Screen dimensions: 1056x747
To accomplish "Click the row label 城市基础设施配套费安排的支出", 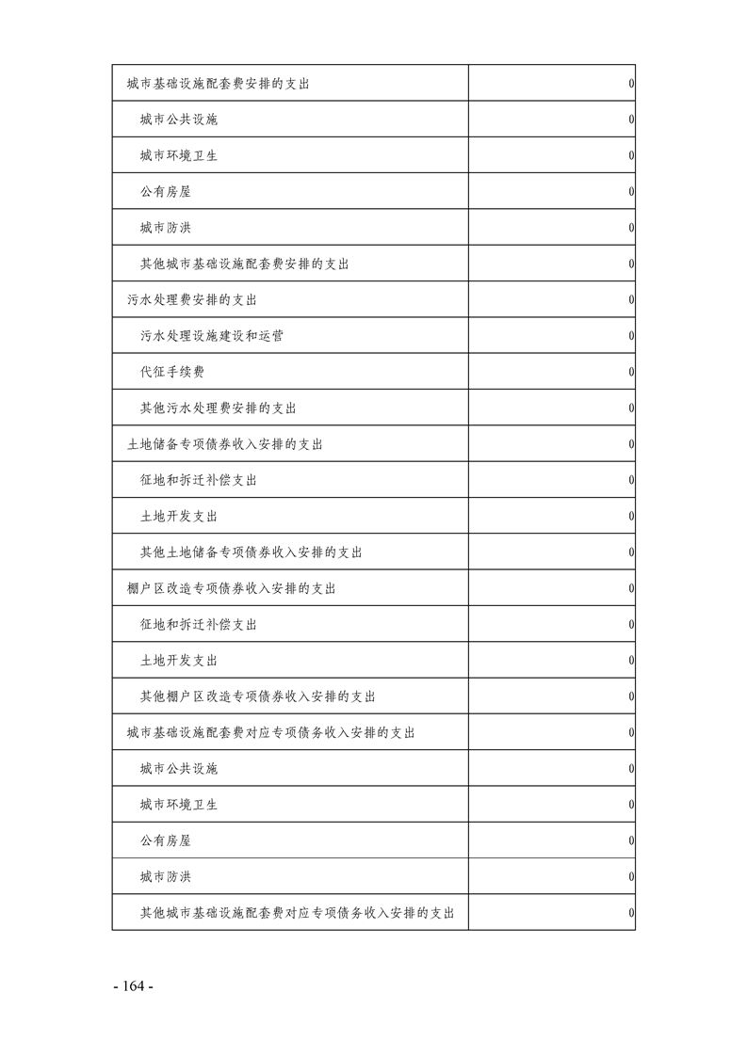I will coord(219,84).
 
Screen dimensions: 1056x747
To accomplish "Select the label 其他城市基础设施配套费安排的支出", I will coord(244,264).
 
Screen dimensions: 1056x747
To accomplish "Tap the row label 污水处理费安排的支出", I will coord(192,300).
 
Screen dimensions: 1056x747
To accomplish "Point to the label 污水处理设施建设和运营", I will coord(211,336).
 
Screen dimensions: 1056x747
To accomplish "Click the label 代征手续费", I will coord(171,372).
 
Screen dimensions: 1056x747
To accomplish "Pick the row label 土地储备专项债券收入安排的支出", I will coord(225,444).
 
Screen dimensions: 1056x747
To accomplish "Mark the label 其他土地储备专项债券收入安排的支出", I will coord(251,552).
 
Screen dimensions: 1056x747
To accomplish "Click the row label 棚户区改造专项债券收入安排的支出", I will coord(232,588).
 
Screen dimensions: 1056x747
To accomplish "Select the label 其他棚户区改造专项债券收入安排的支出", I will coord(257,696).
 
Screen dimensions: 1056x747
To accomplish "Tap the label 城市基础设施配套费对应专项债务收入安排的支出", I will coord(271,732).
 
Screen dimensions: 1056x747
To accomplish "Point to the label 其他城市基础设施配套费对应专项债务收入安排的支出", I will coord(297,913).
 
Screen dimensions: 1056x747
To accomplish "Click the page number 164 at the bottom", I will coord(133,986).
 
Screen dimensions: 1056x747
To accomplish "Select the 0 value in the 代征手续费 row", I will coord(630,373).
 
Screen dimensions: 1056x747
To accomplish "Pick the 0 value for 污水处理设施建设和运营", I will coord(630,336).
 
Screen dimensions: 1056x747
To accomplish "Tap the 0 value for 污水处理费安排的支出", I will coord(630,300).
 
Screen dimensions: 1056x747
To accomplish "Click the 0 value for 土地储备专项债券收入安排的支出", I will coord(630,444).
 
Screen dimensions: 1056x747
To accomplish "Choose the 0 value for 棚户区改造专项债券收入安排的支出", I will coord(630,588).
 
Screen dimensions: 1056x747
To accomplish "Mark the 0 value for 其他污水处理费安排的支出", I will coord(630,408).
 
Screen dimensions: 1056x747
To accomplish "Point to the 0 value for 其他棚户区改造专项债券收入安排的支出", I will coord(630,696).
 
